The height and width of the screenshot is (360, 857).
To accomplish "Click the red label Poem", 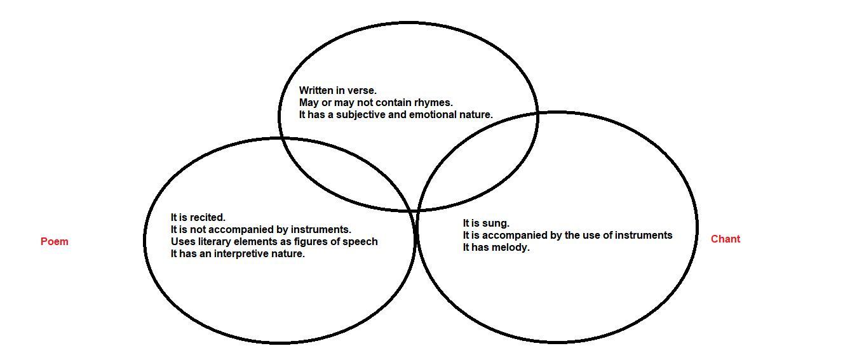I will pyautogui.click(x=55, y=241).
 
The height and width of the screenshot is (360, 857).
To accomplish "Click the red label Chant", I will pyautogui.click(x=725, y=239).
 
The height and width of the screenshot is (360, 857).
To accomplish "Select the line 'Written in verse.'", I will pyautogui.click(x=337, y=90).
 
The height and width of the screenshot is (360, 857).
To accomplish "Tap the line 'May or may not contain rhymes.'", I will pyautogui.click(x=375, y=102).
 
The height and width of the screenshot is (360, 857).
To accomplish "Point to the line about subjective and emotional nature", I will pyautogui.click(x=396, y=114).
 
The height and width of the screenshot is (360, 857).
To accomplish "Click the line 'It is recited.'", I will pyautogui.click(x=198, y=217).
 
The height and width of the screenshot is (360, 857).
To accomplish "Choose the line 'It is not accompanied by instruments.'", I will pyautogui.click(x=260, y=229).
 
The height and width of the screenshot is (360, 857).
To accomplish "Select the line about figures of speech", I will pyautogui.click(x=274, y=241).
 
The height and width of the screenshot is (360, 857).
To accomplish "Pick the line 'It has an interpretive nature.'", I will pyautogui.click(x=238, y=253).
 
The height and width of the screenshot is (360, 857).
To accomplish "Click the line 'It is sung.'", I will pyautogui.click(x=486, y=223).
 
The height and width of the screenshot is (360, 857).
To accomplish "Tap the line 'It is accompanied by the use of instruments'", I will pyautogui.click(x=567, y=235).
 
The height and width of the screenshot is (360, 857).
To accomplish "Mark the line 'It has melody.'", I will pyautogui.click(x=496, y=247).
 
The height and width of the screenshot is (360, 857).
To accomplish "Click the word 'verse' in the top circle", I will pyautogui.click(x=362, y=90).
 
